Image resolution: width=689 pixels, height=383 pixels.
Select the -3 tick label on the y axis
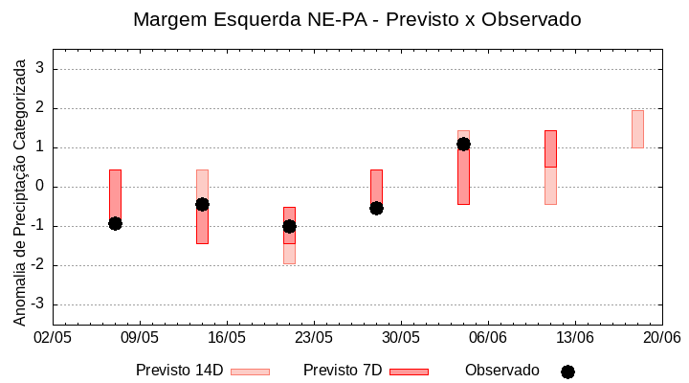(39, 304)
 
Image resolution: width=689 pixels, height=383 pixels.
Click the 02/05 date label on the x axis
(54, 338)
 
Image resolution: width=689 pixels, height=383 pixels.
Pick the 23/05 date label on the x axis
(314, 338)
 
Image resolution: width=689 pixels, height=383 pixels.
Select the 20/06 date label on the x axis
(661, 338)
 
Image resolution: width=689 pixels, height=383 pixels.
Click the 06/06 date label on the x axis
(488, 338)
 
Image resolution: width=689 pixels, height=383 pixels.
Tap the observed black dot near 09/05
(115, 223)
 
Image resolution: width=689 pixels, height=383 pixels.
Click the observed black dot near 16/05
(202, 204)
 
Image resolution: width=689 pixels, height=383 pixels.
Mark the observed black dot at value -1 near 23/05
(289, 226)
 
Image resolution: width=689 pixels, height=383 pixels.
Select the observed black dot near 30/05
(376, 208)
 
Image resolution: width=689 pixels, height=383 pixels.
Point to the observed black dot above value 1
(463, 144)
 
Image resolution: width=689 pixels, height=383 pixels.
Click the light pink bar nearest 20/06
(637, 129)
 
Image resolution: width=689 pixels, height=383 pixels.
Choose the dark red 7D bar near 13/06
(550, 148)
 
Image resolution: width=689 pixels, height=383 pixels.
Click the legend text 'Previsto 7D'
(343, 371)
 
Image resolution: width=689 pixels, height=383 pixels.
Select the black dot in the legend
(567, 372)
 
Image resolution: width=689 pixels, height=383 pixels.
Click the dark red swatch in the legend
(409, 372)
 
